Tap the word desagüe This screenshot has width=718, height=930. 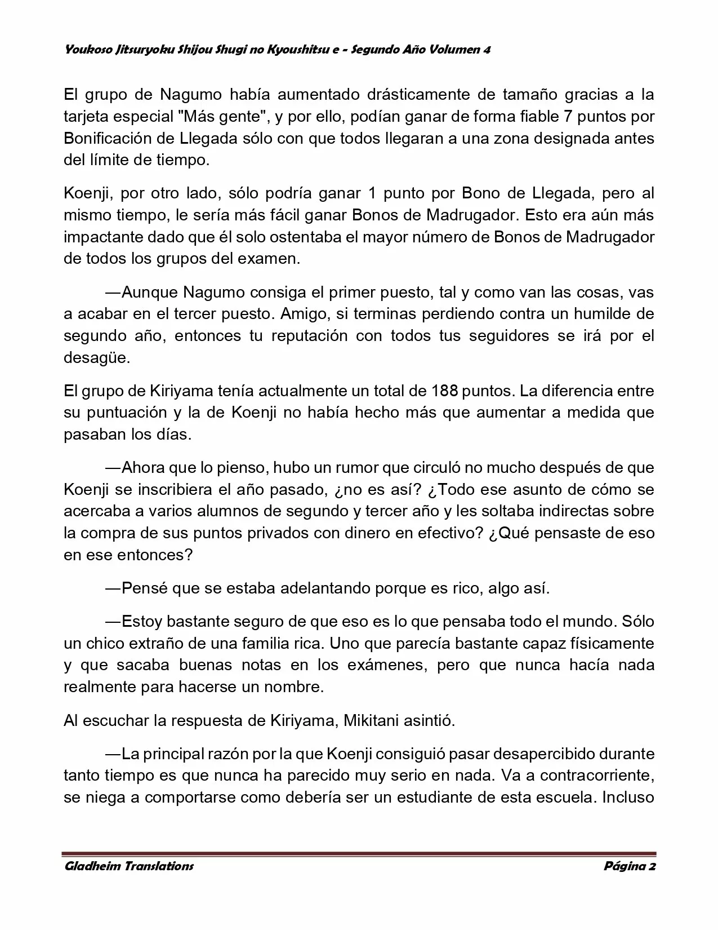click(96, 358)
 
